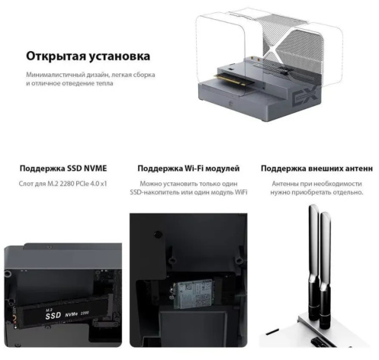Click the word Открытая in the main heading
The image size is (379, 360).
point(56,56)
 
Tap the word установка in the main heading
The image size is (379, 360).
point(120,56)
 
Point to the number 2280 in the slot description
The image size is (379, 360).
point(67,184)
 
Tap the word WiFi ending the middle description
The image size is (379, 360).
point(241,192)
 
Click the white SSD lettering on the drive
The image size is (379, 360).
point(53,315)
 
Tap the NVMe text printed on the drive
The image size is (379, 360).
point(71,314)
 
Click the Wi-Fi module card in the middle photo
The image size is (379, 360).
point(193,294)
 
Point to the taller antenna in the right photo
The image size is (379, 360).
point(313,262)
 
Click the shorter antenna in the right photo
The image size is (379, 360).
point(325,269)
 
